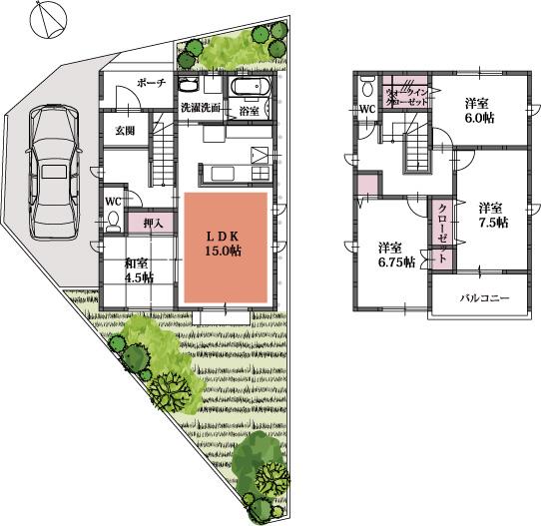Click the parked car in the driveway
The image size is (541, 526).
click(53, 171)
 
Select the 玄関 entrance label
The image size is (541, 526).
click(125, 130)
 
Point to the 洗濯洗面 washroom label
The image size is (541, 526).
click(201, 106)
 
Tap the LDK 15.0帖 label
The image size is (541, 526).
click(226, 243)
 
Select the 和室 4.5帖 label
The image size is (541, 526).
click(138, 271)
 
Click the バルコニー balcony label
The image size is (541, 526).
click(483, 298)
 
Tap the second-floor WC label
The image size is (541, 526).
click(366, 109)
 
